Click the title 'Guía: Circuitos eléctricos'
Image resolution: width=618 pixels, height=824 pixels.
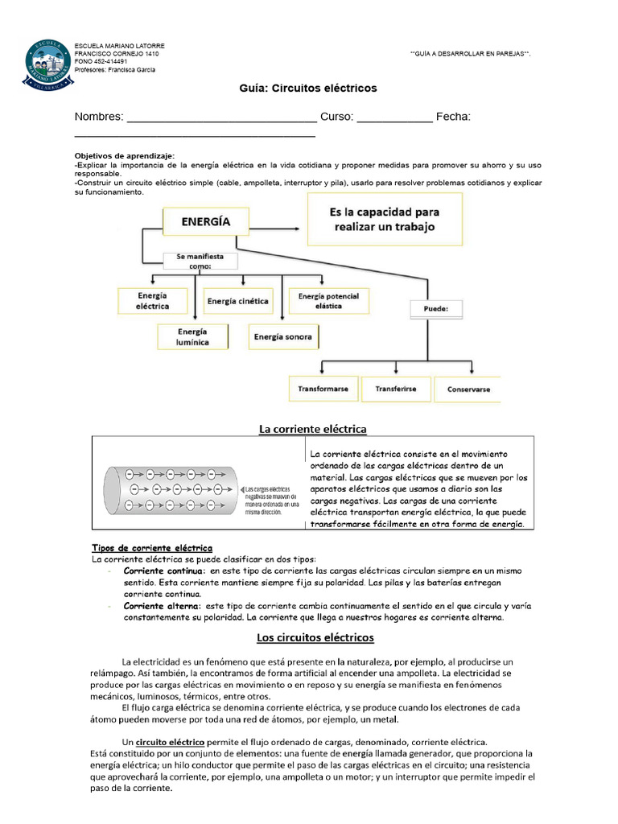coord(308,88)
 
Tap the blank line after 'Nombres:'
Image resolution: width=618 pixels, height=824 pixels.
coord(222,118)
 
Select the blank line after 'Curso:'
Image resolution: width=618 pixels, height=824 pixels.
coord(394,118)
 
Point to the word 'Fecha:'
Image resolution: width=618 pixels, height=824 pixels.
coord(453,117)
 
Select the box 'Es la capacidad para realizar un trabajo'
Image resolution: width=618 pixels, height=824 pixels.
coord(385,220)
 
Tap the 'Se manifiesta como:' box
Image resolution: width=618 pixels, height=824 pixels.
coord(195,261)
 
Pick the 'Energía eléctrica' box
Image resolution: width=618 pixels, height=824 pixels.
coord(152,301)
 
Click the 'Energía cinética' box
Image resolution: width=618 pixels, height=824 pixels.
coord(237,301)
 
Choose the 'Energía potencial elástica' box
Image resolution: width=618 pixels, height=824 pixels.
coord(328,301)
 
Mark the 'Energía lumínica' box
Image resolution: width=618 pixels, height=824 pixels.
coord(192,336)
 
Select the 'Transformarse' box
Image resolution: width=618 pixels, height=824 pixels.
coord(323,389)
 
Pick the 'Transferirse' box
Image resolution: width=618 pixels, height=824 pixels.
coord(395,389)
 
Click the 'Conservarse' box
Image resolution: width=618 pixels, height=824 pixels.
coord(467,389)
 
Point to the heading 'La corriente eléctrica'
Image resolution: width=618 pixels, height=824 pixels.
coord(312,429)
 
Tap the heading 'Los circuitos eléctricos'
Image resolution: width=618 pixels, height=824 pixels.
coord(315,637)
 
